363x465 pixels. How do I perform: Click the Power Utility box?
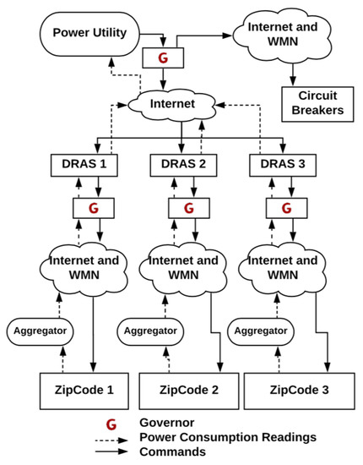pos(89,34)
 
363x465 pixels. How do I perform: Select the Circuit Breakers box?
pos(317,104)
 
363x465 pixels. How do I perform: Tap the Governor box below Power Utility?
pos(163,57)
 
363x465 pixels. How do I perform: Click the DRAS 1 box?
pos(84,165)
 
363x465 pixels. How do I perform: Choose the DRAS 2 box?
pos(183,165)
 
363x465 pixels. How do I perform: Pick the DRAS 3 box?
pos(283,165)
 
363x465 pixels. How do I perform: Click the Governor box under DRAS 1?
pos(94,208)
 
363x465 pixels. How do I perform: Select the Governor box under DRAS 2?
pos(189,208)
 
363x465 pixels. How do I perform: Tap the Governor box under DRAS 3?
pos(287,208)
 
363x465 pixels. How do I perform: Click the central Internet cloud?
pos(172,104)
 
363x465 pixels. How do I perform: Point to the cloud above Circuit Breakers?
pos(283,36)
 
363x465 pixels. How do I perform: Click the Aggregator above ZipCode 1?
pos(40,331)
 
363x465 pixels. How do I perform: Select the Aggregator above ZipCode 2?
pos(150,331)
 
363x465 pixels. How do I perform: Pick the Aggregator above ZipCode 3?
pos(261,331)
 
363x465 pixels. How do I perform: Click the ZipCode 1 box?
pos(84,391)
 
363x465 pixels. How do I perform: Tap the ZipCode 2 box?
pos(189,391)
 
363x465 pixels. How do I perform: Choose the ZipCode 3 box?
pos(299,391)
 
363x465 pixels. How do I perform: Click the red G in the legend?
pos(111,424)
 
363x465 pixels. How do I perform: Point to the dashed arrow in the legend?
pos(111,440)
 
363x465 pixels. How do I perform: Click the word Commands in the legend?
pos(172,452)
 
